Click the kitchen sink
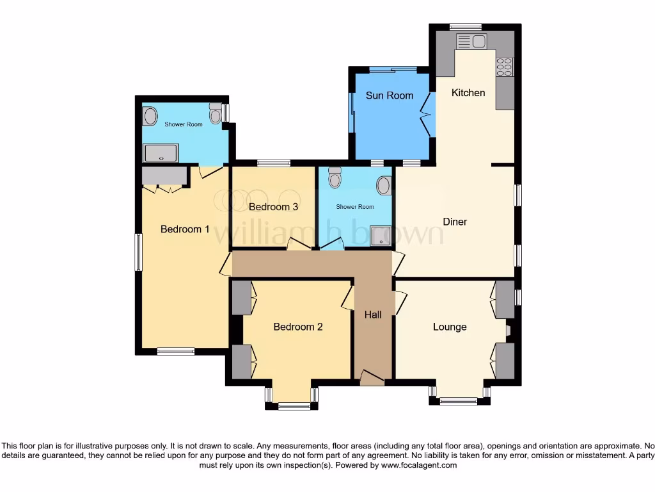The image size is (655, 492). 471,41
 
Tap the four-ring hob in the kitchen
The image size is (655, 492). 504,67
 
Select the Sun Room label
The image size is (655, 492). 389,95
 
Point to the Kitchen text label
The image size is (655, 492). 468,93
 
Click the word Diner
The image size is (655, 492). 455,222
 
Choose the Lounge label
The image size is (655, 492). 450,327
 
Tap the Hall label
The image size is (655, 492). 373,315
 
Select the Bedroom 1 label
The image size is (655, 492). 185,229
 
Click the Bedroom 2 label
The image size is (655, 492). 297,327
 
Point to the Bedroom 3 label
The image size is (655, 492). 273,207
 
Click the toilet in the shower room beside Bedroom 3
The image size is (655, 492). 335,177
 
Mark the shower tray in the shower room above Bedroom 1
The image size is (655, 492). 161,153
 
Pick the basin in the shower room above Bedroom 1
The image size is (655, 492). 150,116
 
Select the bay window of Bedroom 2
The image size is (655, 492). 293,405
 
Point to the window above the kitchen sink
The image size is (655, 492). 465,26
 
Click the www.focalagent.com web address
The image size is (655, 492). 418,466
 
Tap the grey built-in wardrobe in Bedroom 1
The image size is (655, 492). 164,176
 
